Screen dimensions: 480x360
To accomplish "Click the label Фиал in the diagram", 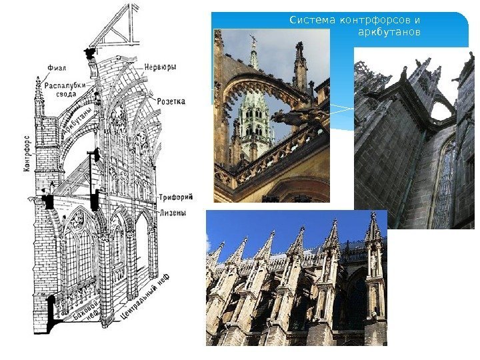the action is pyautogui.click(x=56, y=67).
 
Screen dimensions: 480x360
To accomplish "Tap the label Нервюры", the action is pyautogui.click(x=159, y=67).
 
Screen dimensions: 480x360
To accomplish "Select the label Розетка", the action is pyautogui.click(x=171, y=101).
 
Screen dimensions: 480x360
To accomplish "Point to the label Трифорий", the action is pyautogui.click(x=176, y=197).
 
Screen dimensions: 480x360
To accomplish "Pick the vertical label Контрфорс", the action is pyautogui.click(x=27, y=154).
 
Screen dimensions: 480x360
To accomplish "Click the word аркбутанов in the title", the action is pyautogui.click(x=389, y=31).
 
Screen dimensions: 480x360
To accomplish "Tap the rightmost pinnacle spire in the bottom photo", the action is pyautogui.click(x=373, y=230).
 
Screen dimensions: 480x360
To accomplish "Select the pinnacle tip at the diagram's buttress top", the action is pyautogui.click(x=39, y=87).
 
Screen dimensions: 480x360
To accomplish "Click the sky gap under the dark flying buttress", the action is pyautogui.click(x=441, y=109).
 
